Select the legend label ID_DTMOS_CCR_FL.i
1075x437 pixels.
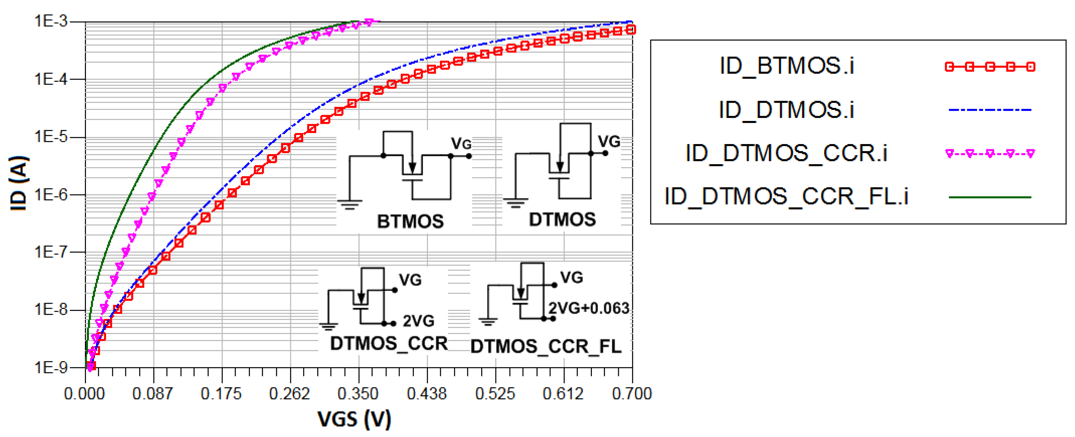coord(786,196)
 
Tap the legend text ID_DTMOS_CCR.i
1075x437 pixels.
coord(786,153)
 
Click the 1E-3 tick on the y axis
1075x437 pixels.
coord(50,21)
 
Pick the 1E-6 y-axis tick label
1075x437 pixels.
coord(50,194)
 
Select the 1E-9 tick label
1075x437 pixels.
coord(50,367)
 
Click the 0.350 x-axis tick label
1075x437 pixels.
coord(358,394)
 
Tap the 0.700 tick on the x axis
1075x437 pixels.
coord(632,394)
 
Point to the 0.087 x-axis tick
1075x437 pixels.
coord(153,394)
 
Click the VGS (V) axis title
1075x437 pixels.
coord(354,419)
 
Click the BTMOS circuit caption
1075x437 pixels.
coord(410,221)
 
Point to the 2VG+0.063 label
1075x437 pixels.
coord(588,308)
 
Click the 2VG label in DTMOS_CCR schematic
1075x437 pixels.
coord(418,321)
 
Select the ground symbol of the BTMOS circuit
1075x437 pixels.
coord(350,204)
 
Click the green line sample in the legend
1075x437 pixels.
coord(989,197)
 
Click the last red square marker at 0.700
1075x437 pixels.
coord(632,29)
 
